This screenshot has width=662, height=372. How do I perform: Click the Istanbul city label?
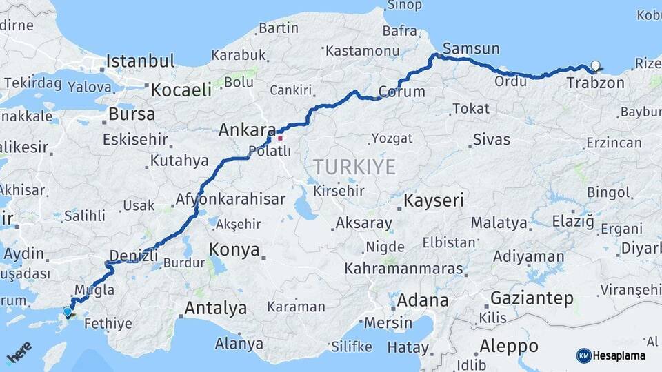coord(140,61)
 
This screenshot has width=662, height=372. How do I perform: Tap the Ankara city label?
coord(247,130)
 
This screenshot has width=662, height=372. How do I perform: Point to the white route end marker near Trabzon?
coord(595,67)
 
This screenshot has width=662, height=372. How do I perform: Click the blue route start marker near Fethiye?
coord(68,311)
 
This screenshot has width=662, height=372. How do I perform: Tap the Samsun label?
coord(471,48)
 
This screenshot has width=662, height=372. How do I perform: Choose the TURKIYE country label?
coord(354,166)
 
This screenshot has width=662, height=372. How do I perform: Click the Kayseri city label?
coord(434,200)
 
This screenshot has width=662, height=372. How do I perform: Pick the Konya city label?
coord(234,249)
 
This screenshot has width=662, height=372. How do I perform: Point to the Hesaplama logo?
coord(611,355)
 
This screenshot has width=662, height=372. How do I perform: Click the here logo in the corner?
coord(19,353)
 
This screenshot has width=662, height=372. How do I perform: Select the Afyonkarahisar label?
coord(230,199)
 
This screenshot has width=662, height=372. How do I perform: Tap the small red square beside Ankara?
coord(280,138)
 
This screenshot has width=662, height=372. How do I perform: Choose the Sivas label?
coord(492,140)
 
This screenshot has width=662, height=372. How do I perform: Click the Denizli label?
coord(134,256)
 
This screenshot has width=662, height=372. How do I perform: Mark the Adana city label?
coord(423,300)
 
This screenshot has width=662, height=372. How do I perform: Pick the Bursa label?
coord(132,114)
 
